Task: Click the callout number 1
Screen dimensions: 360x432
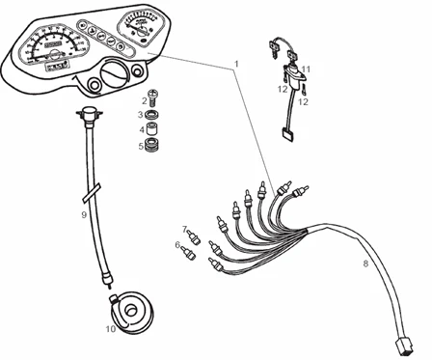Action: tap(236, 64)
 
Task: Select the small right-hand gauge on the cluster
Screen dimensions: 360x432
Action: tap(135, 27)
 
